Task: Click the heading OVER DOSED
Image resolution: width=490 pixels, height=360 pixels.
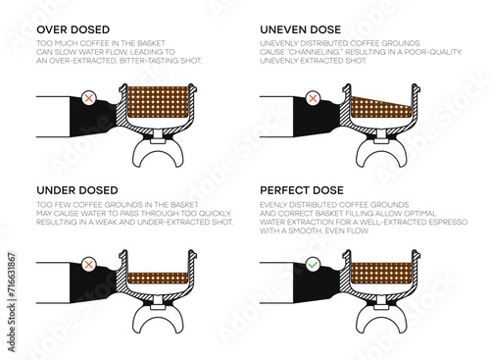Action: (73, 29)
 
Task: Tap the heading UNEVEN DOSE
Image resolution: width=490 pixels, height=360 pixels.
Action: (301, 29)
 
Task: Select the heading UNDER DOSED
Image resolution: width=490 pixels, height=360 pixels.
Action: (77, 190)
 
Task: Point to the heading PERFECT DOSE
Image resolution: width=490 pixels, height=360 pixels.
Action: (302, 190)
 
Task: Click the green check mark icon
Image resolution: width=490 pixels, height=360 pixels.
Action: (313, 264)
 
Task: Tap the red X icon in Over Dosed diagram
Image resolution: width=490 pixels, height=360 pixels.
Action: (89, 98)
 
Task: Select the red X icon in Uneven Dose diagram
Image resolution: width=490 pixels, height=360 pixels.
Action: (313, 98)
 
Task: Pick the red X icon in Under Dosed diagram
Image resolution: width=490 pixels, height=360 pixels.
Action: (89, 264)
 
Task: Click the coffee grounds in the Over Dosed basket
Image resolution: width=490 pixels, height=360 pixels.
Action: (158, 102)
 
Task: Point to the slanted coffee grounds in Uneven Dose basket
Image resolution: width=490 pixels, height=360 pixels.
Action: (379, 109)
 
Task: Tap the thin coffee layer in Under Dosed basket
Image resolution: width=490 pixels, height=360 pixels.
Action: (158, 278)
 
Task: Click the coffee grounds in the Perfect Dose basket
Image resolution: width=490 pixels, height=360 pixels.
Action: (381, 272)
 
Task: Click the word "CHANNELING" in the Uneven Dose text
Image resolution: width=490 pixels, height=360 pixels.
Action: (314, 52)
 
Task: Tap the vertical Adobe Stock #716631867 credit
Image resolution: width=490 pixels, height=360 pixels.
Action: (12, 302)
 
